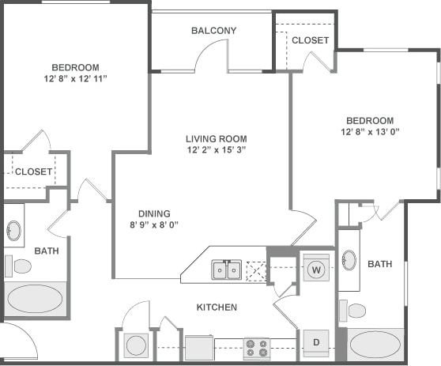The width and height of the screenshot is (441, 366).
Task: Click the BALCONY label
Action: [213, 31]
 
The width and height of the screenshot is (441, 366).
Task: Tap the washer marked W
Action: [315, 268]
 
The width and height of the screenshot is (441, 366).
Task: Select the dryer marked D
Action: [315, 341]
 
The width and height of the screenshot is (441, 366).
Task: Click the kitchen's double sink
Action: [227, 270]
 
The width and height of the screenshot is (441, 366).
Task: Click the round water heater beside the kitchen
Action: [136, 345]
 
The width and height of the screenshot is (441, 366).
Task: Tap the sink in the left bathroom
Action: [13, 231]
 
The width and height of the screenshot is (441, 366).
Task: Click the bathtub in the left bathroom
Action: [35, 300]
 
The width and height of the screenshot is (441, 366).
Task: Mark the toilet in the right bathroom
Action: [355, 309]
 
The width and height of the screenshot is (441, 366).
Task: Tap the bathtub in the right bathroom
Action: [376, 345]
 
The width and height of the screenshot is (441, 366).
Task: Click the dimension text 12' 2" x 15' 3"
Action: [217, 149]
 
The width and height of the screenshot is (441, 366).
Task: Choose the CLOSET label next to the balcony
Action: [310, 40]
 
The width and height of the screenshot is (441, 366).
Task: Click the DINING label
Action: [153, 213]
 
